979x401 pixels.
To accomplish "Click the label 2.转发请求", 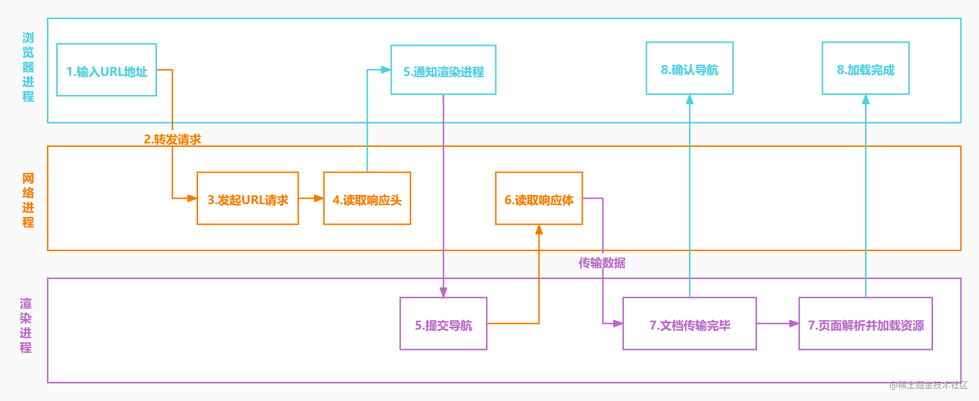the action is pos(173,140).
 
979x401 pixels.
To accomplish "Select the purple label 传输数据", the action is pos(602,263).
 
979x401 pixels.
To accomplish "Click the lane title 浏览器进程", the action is pos(28,67).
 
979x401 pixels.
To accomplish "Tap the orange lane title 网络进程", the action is pos(28,200).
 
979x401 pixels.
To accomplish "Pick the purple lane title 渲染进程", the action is pos(26,326).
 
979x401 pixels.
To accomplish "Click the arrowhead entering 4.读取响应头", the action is pos(319,198).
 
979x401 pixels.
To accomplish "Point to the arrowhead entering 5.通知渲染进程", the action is pos(386,70).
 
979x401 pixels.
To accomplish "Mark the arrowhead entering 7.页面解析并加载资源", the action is pos(794,324).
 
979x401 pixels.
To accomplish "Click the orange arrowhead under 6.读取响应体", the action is pos(539,230).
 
